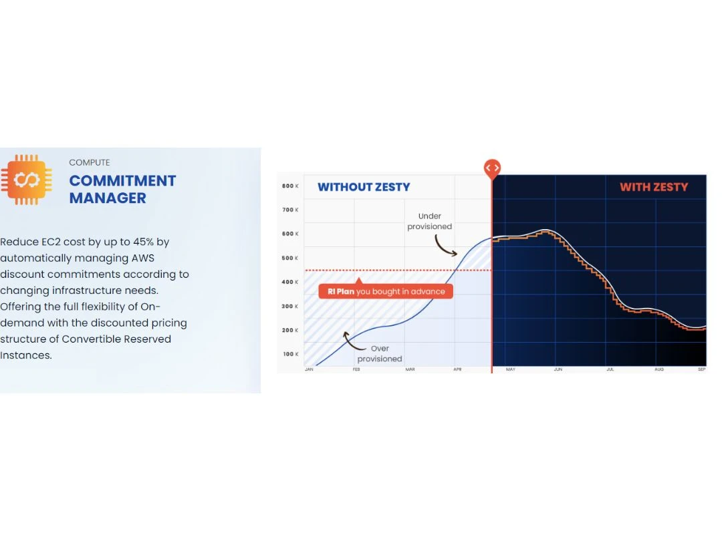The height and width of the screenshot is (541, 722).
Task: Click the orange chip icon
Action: (x=27, y=180)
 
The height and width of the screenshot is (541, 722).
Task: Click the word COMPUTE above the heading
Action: (x=90, y=162)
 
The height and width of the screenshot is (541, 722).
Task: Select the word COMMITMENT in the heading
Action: (x=122, y=181)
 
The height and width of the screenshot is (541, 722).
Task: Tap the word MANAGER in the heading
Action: (x=108, y=198)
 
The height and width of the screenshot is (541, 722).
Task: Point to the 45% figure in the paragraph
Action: (x=143, y=242)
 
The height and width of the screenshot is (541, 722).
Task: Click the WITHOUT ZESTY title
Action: (x=364, y=187)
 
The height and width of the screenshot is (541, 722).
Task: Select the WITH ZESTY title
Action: (x=654, y=187)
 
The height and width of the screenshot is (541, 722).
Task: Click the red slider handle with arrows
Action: (x=492, y=168)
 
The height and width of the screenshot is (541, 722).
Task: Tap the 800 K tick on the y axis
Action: (x=290, y=186)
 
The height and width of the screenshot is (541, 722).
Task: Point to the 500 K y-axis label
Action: (x=290, y=258)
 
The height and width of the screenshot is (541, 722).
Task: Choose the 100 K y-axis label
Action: (x=290, y=354)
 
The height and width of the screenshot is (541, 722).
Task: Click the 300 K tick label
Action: (x=290, y=306)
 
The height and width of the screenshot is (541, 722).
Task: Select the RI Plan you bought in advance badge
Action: (x=386, y=291)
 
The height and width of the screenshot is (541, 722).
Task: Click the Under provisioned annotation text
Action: (x=430, y=221)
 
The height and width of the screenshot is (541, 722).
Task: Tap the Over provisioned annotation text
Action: (x=380, y=354)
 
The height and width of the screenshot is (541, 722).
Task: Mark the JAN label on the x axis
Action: (x=309, y=369)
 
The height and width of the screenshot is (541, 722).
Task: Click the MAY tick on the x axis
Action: (x=511, y=369)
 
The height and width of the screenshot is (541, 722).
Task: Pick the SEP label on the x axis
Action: (x=702, y=369)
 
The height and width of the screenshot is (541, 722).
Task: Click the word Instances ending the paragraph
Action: (x=26, y=355)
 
